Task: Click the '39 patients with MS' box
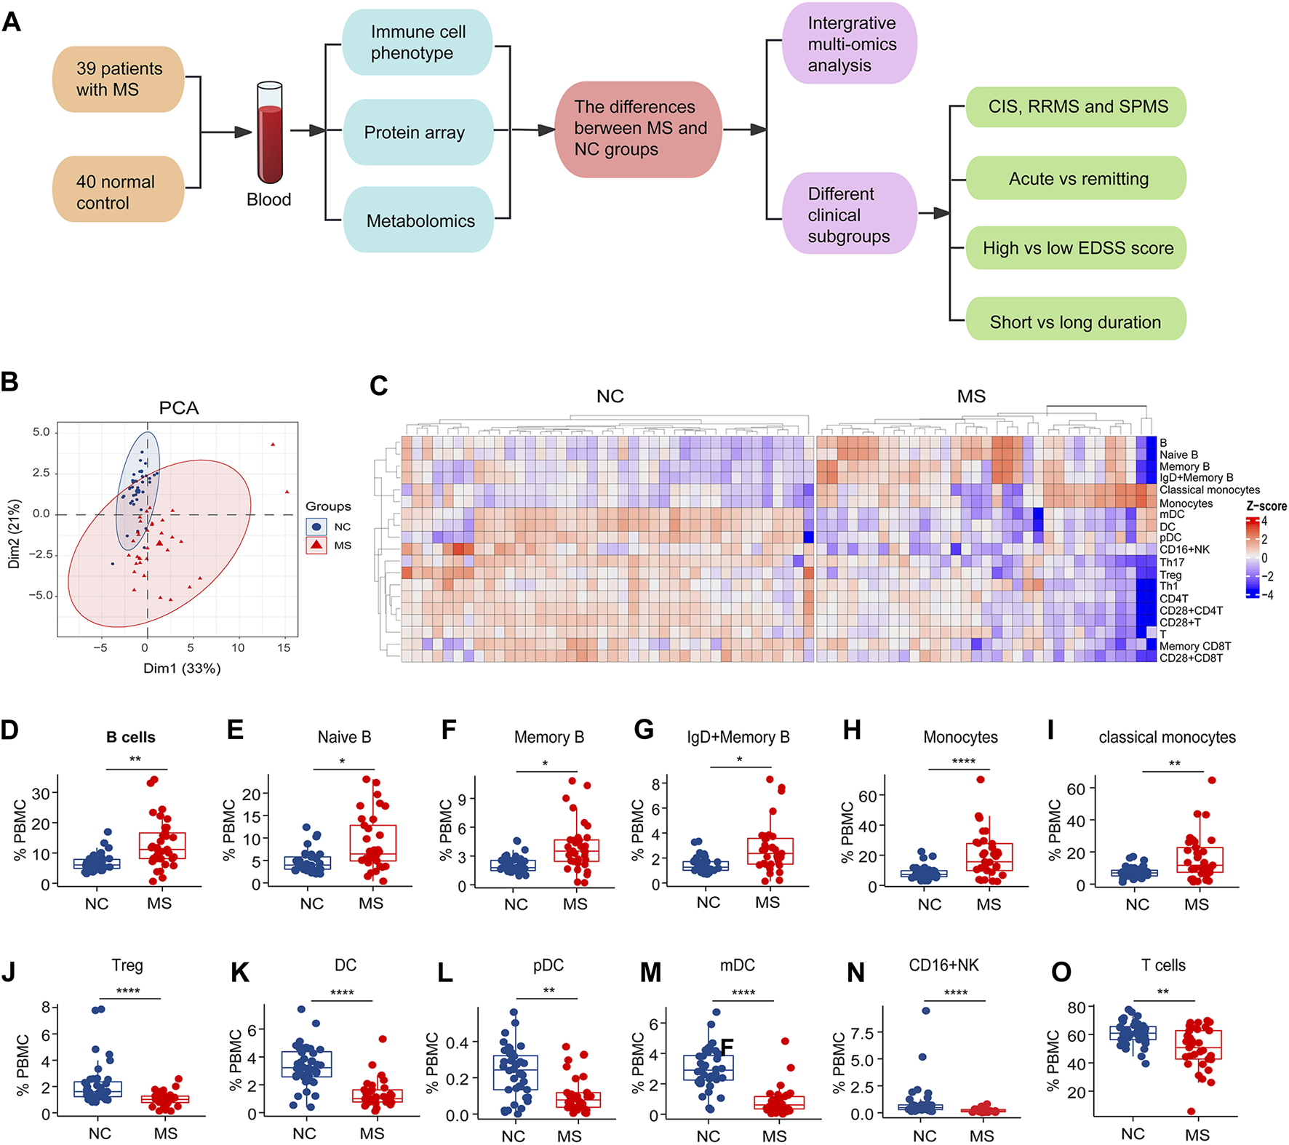click(118, 79)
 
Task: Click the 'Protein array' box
click(417, 132)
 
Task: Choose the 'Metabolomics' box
click(419, 220)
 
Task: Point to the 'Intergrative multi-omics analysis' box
click(850, 44)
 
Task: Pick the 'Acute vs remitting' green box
click(1077, 179)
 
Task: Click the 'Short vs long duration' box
click(1075, 322)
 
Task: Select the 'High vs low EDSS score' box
click(1077, 248)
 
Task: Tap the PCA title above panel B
click(179, 408)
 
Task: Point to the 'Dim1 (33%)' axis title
click(182, 669)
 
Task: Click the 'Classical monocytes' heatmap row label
click(1209, 490)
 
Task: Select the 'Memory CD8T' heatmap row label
click(1194, 646)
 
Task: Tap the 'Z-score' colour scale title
click(1266, 506)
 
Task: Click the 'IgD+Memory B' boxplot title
click(738, 738)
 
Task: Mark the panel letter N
click(856, 973)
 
